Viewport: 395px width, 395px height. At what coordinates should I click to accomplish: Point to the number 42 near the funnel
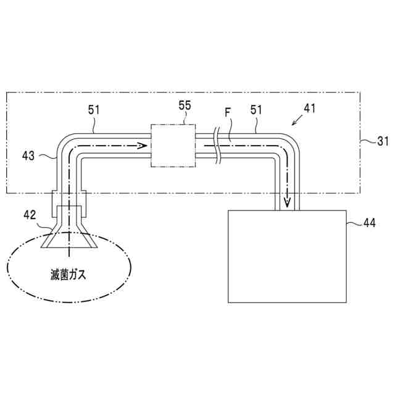[x=29, y=215]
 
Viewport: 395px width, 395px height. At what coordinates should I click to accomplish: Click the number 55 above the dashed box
[x=185, y=106]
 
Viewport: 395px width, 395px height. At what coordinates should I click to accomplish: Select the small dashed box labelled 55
[x=173, y=146]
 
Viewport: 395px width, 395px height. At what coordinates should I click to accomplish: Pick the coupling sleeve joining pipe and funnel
[x=69, y=203]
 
